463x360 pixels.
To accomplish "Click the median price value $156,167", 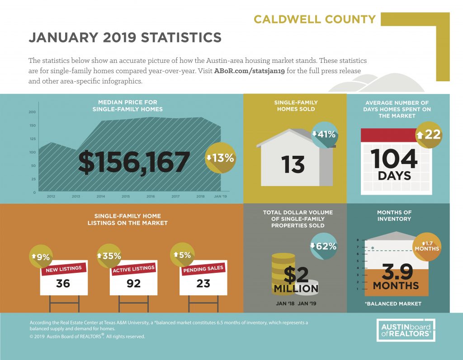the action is coord(134,162).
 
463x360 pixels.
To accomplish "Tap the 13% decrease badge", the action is coord(220,158).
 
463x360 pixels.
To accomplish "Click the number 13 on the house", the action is coord(293,165).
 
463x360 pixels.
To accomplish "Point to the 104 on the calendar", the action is coord(394,159).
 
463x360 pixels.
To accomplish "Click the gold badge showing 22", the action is coord(429,135).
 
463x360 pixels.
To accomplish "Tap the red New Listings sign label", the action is coord(64,269).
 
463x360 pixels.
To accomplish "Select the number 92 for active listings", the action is coord(133,284).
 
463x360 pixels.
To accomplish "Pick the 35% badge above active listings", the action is coord(109,256).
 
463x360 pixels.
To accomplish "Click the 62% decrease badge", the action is coord(324,246).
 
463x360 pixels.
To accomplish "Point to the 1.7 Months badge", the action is coord(427,246).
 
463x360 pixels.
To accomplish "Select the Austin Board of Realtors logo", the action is coord(406,330).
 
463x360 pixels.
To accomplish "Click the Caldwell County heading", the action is coord(315,19).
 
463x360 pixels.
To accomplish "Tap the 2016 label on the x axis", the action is coord(151,196).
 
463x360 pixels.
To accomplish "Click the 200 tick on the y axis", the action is coord(32,112).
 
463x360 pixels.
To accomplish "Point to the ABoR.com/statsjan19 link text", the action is coord(250,71).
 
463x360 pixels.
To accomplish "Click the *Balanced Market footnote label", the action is coord(393,304).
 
